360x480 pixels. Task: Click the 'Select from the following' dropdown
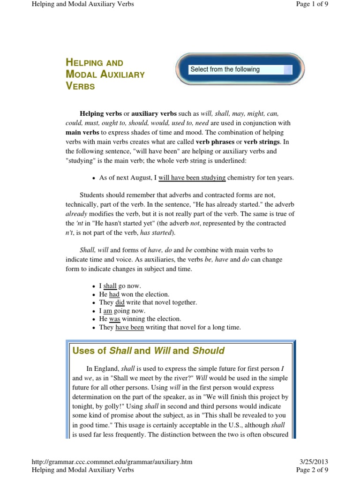[240, 70]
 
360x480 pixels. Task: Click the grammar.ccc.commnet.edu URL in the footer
[112, 462]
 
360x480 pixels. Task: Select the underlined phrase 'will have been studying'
[192, 178]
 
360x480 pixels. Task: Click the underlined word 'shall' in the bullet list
[110, 285]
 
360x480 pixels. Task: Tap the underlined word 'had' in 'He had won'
[114, 294]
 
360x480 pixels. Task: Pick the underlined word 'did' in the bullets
[120, 302]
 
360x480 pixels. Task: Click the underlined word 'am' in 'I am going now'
[108, 311]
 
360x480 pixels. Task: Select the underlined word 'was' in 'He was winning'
[115, 319]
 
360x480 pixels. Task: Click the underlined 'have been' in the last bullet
[129, 328]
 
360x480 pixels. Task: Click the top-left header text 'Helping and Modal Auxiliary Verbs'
[82, 4]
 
